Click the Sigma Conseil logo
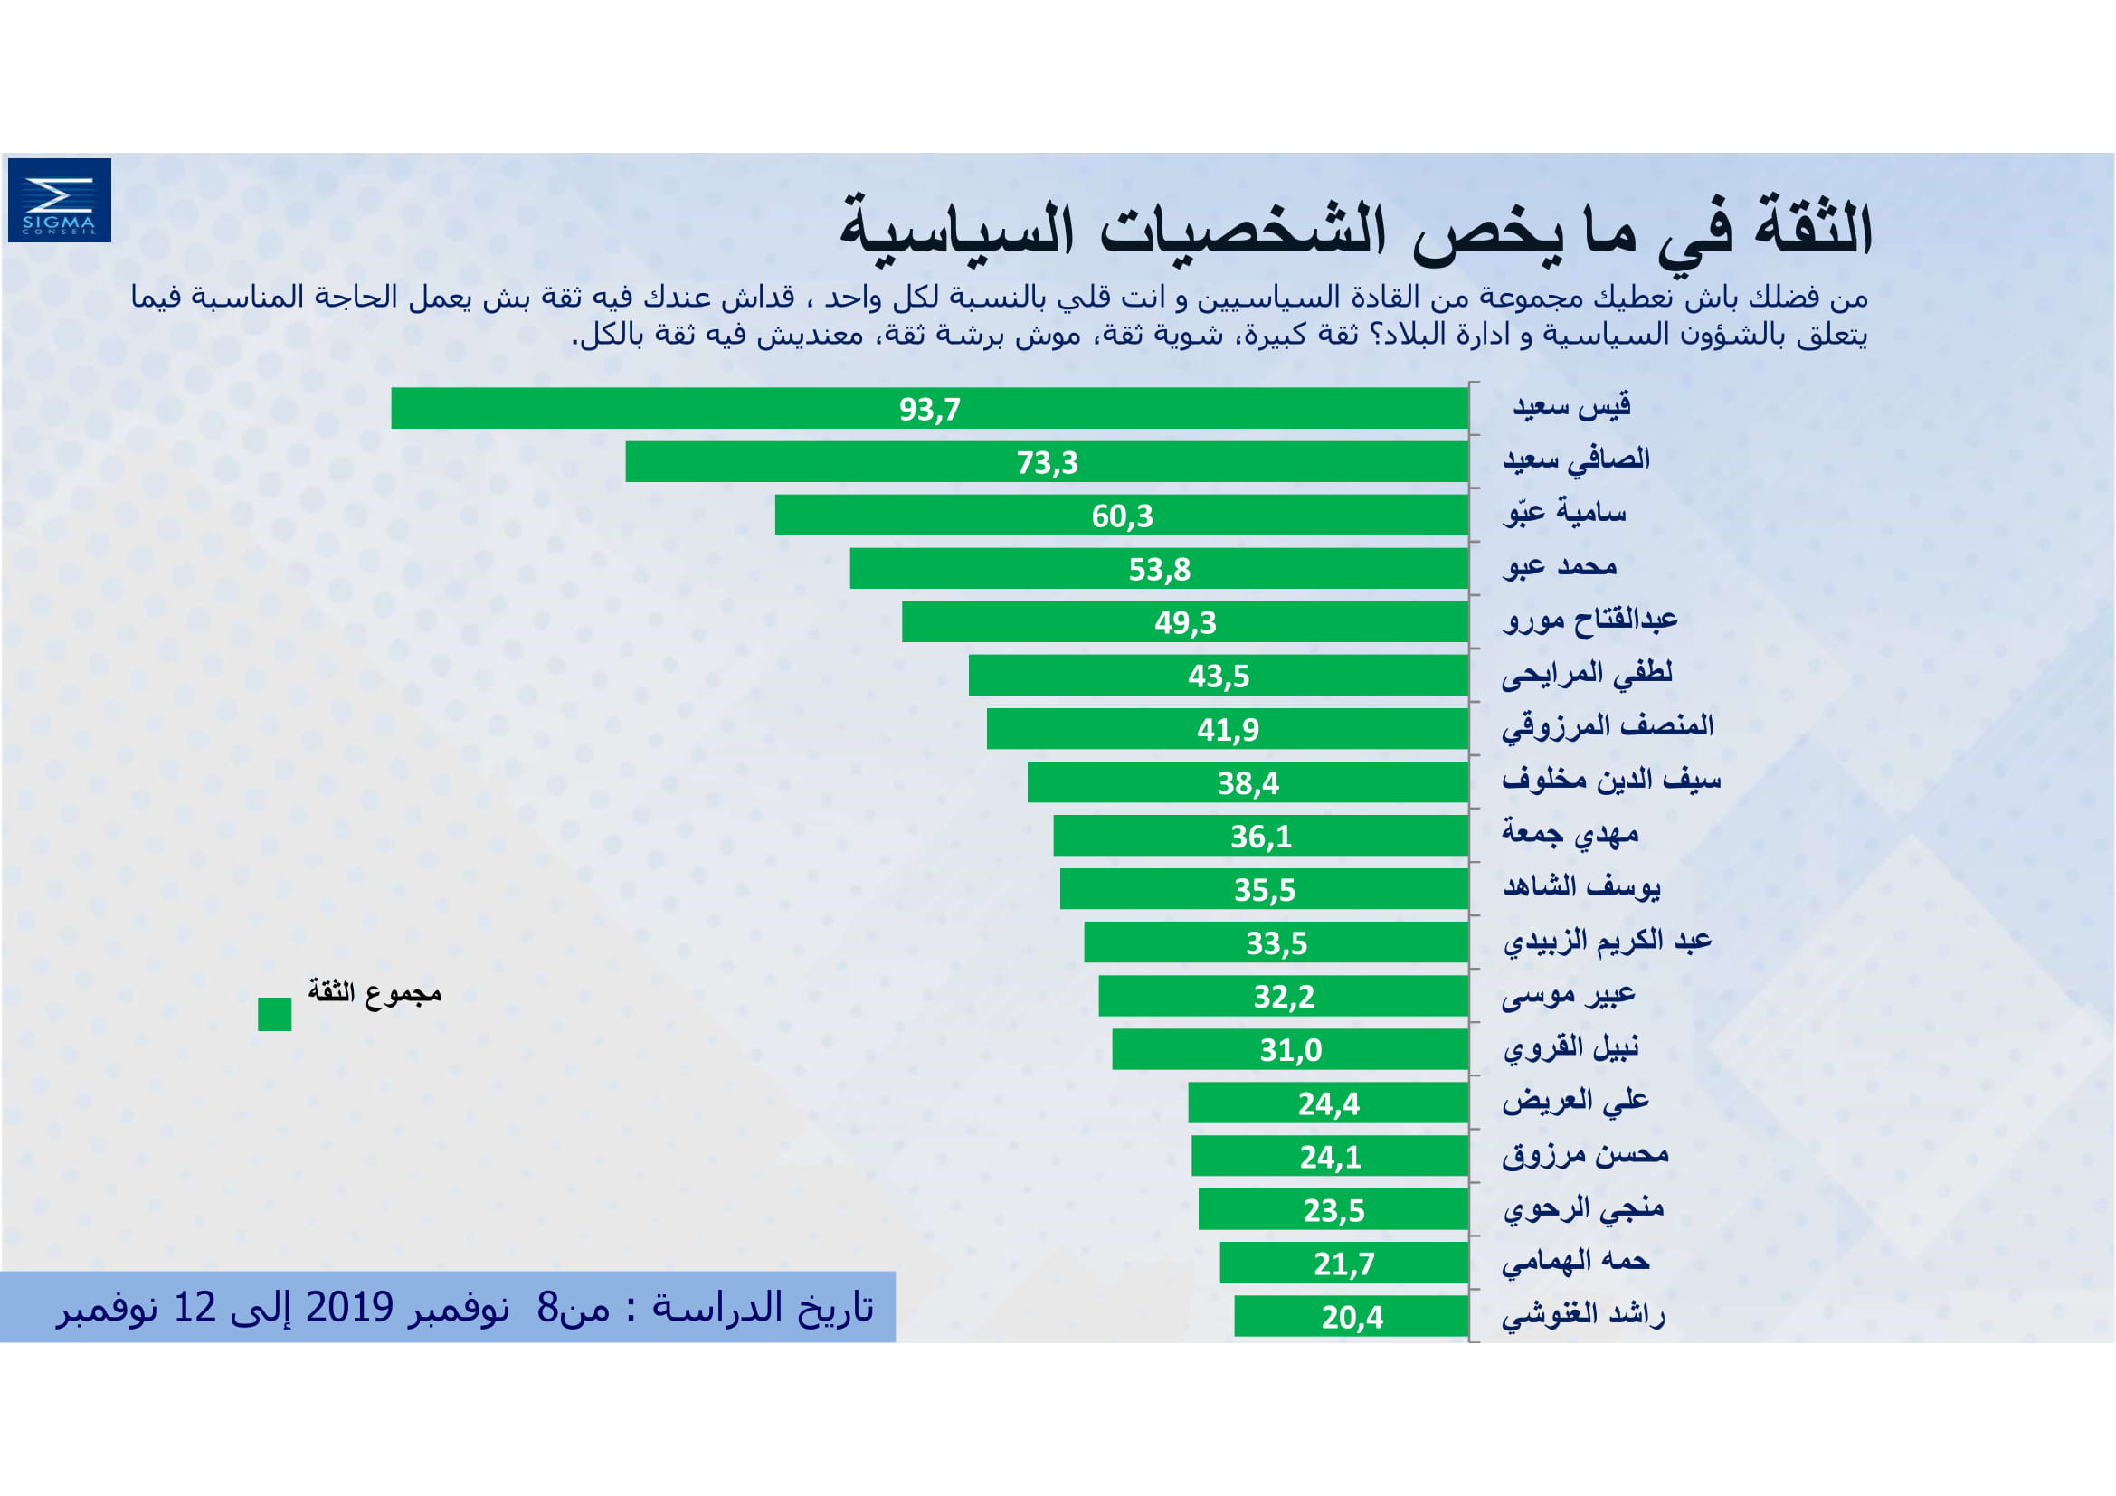pyautogui.click(x=59, y=200)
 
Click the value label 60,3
pyautogui.click(x=1122, y=516)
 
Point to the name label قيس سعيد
pyautogui.click(x=1571, y=405)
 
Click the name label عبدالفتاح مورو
pyautogui.click(x=1589, y=619)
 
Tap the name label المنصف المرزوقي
pyautogui.click(x=1608, y=727)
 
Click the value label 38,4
pyautogui.click(x=1248, y=783)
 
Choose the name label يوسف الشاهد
pyautogui.click(x=1581, y=887)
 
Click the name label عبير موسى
pyautogui.click(x=1568, y=995)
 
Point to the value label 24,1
pyautogui.click(x=1330, y=1157)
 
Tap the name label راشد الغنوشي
pyautogui.click(x=1582, y=1315)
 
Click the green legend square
pyautogui.click(x=275, y=1014)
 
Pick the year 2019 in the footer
pyautogui.click(x=349, y=1307)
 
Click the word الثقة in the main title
pyautogui.click(x=1814, y=227)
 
